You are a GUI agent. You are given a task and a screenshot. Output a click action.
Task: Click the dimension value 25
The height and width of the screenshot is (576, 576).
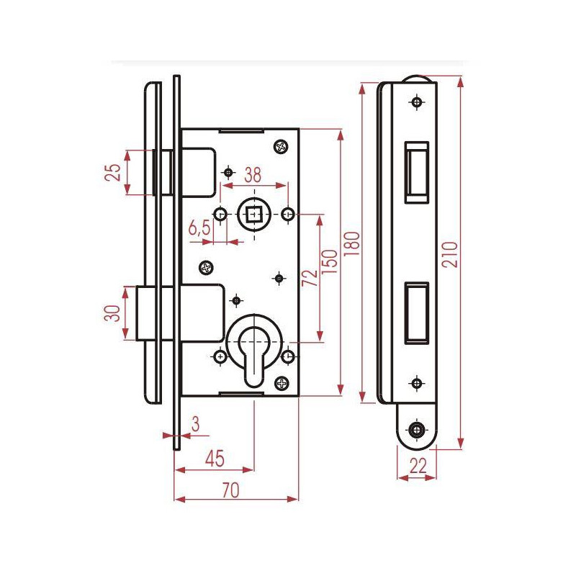[114, 172]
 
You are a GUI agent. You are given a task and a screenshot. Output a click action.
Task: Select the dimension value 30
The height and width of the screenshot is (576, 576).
[113, 313]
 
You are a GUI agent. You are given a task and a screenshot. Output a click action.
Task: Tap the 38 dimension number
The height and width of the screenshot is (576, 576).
[253, 175]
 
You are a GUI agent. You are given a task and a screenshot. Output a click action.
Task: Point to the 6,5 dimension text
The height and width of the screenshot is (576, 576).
[199, 228]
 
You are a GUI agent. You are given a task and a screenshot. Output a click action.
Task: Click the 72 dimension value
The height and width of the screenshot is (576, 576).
[310, 278]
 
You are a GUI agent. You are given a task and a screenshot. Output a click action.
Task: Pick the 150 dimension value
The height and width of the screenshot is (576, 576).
[329, 261]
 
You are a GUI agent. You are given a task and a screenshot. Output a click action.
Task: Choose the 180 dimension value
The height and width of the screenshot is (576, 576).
[352, 244]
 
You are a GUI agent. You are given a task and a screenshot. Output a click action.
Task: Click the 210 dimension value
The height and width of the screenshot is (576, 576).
[451, 254]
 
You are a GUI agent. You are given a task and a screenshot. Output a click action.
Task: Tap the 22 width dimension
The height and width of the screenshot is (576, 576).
[418, 466]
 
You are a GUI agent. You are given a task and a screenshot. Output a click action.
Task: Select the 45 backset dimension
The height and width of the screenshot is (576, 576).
[215, 459]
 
